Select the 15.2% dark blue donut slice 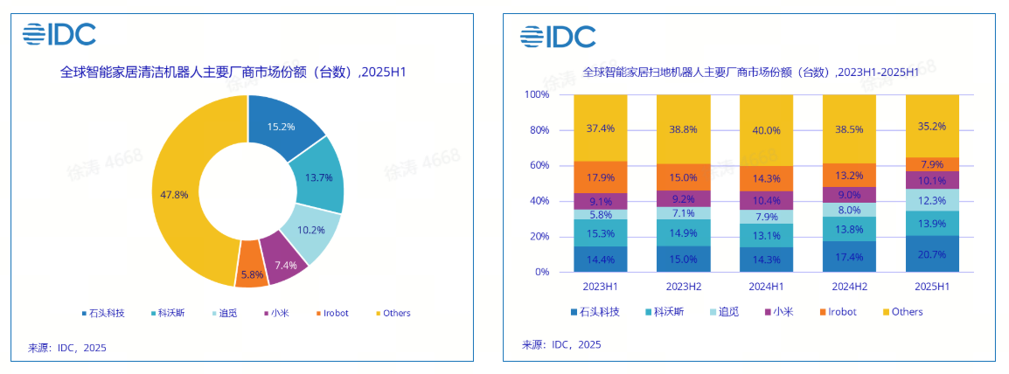point(282,128)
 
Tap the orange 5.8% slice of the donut point(252,274)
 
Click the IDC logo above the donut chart point(59,34)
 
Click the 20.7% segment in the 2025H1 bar point(931,253)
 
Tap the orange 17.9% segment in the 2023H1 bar point(600,177)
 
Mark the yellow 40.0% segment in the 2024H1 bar point(766,130)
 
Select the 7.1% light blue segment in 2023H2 point(683,213)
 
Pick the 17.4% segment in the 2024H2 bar point(849,257)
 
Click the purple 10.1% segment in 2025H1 point(931,181)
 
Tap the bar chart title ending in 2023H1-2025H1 point(750,72)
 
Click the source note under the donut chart point(67,348)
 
